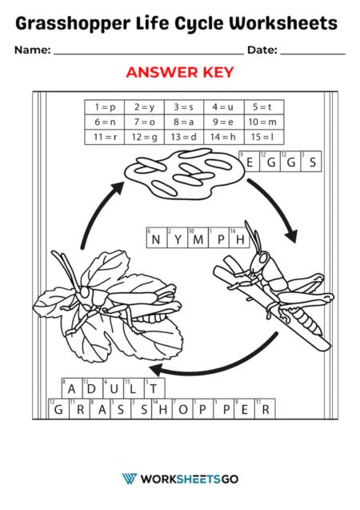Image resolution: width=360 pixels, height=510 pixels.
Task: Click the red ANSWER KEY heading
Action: tap(179, 72)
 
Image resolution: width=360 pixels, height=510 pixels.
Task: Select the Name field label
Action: tap(31, 50)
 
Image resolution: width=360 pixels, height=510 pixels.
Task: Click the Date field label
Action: tap(262, 50)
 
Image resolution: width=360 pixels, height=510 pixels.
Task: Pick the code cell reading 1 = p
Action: tap(105, 106)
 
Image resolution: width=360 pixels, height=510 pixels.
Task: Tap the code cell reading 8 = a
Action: tap(184, 122)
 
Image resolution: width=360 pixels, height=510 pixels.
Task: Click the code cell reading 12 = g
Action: tap(144, 137)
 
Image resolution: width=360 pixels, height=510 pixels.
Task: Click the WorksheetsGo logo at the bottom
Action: tap(179, 479)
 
